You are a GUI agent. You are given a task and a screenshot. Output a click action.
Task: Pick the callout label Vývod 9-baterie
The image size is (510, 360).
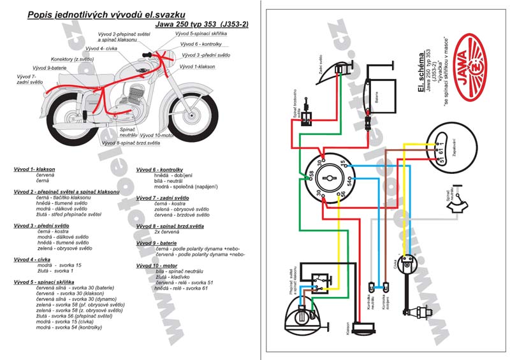pos(49,67)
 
